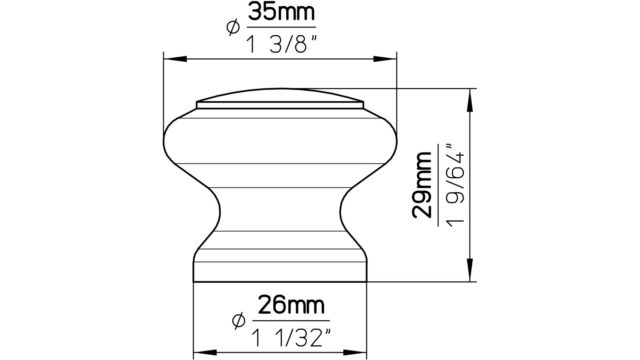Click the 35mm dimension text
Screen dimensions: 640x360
(x=282, y=13)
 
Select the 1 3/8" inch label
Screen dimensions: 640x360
(x=281, y=44)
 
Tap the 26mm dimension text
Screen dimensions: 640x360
(x=291, y=305)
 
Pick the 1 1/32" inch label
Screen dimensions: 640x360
(x=291, y=338)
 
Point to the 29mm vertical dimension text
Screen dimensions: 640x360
(x=422, y=184)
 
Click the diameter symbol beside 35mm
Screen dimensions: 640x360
(x=233, y=28)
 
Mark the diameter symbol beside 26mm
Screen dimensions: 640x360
(x=238, y=321)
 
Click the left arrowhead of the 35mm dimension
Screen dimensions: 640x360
(x=175, y=59)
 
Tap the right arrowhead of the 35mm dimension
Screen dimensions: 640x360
(x=385, y=59)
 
